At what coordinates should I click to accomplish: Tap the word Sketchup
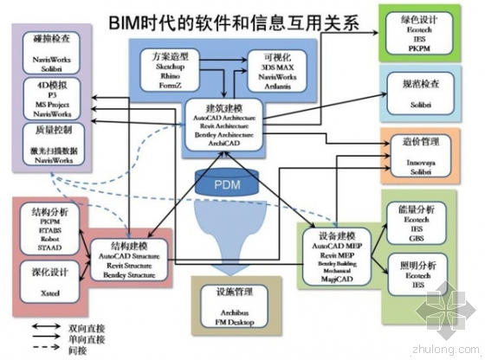pos(170,66)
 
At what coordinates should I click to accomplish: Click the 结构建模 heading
pos(128,245)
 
